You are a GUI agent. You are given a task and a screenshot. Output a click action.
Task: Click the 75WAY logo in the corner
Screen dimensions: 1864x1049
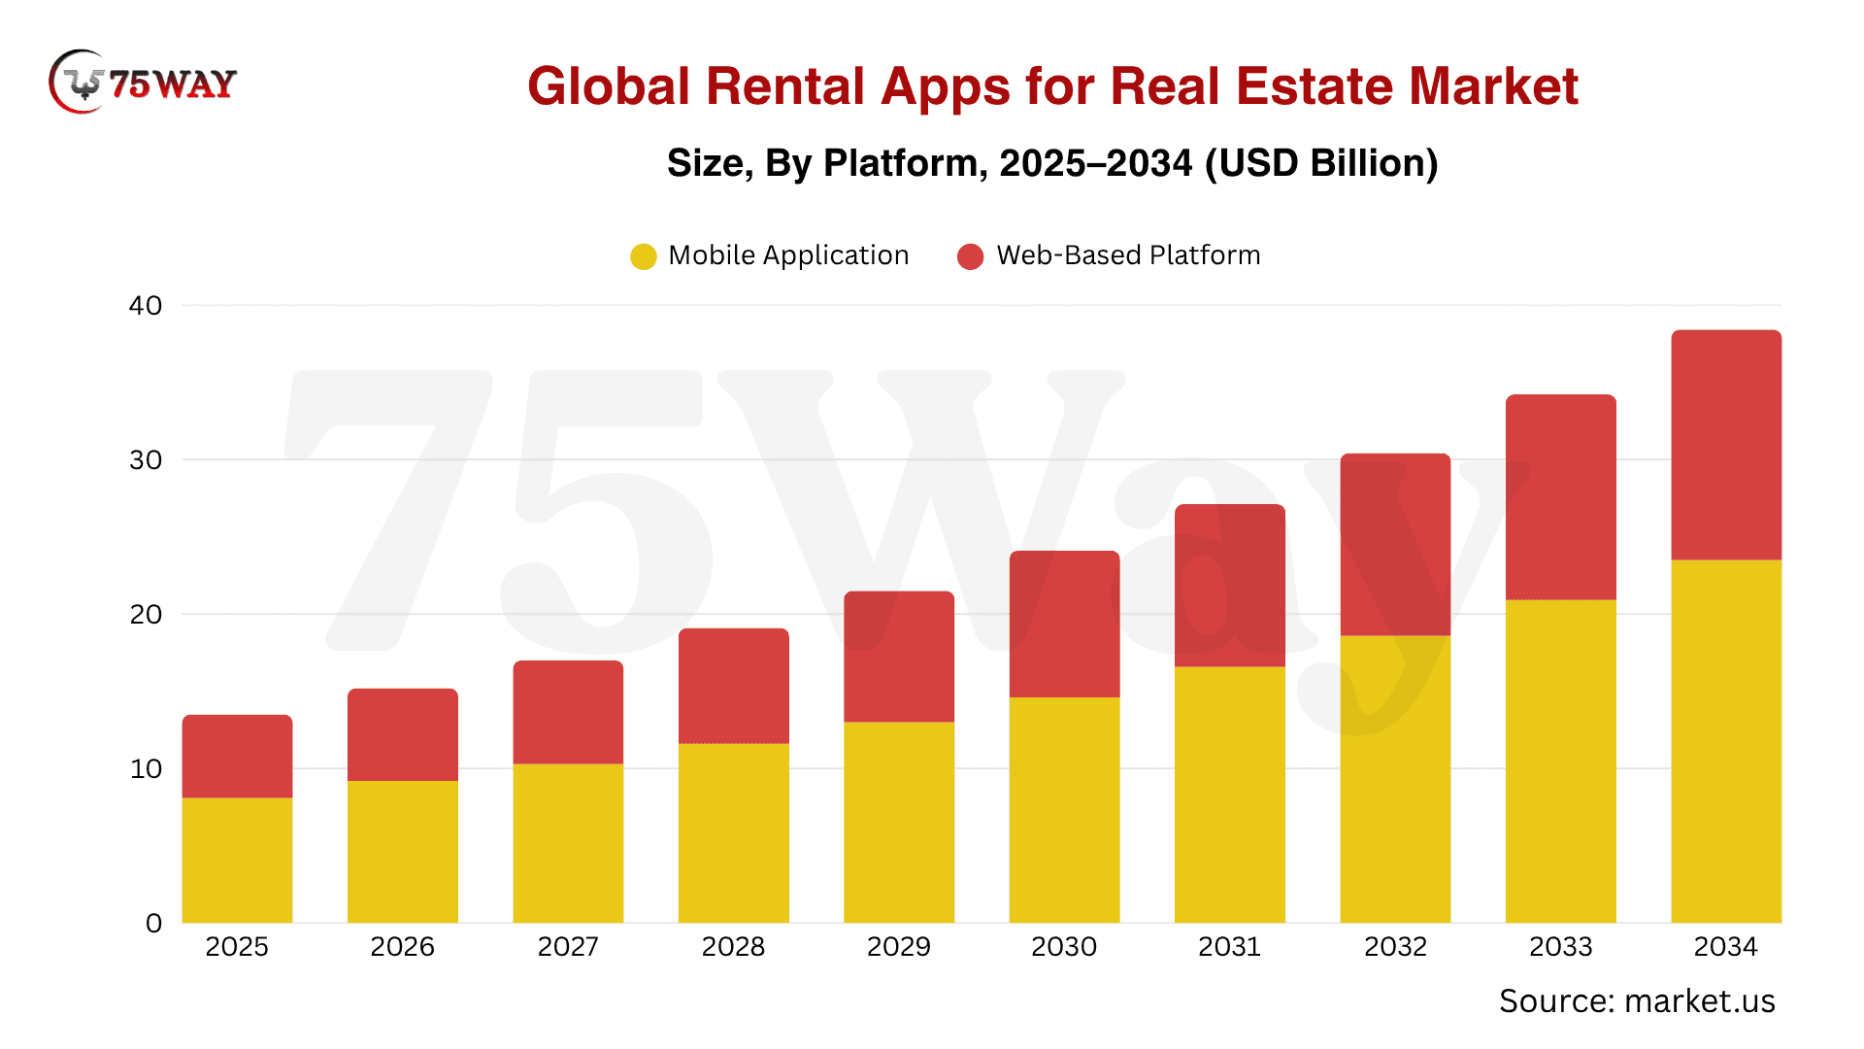(143, 83)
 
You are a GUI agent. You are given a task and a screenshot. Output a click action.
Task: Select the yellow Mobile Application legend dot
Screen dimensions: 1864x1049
(643, 256)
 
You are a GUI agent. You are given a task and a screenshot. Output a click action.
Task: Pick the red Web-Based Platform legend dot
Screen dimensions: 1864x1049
(970, 256)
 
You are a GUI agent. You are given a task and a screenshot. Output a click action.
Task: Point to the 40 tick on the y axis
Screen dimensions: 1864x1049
(146, 306)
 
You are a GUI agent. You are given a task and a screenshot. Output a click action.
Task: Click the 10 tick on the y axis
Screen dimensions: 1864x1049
(146, 769)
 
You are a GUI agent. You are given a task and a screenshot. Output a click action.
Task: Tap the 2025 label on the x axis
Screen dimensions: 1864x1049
(237, 947)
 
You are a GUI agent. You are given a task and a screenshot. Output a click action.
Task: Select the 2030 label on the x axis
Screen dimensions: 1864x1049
(1064, 947)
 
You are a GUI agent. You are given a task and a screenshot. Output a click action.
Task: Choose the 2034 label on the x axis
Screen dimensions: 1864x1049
(1726, 947)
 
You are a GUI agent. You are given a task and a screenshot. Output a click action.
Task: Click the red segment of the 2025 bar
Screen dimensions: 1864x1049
(238, 757)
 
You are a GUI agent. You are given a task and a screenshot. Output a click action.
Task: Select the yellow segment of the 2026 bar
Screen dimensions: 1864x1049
(403, 852)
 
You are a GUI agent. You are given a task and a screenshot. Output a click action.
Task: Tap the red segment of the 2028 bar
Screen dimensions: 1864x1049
(734, 686)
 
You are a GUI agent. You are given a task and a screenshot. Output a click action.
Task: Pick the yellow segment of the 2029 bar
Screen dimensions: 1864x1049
(899, 823)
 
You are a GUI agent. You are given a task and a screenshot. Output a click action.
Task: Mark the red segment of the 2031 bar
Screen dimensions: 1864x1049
(1230, 586)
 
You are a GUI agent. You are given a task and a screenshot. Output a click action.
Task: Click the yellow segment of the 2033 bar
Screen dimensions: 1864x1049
(1561, 761)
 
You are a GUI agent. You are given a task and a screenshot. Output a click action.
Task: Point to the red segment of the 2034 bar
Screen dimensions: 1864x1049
(1726, 445)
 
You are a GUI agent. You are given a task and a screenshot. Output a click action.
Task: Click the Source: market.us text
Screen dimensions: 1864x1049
(1637, 1001)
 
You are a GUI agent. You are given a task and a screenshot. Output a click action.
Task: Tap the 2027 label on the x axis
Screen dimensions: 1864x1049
(568, 947)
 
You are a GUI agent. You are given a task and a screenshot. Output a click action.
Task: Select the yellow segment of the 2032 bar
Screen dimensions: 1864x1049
(1395, 779)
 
